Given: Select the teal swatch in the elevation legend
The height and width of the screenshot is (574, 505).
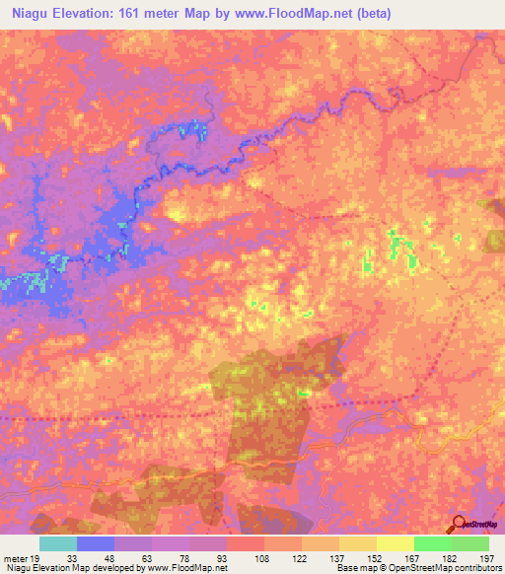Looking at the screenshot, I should pos(58,544).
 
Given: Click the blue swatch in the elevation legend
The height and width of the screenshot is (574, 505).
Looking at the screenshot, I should pos(96,544).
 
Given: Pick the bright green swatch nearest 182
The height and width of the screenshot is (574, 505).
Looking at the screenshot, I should pos(433,544).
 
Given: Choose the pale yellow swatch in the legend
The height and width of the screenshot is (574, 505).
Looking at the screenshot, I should pos(396,544).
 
